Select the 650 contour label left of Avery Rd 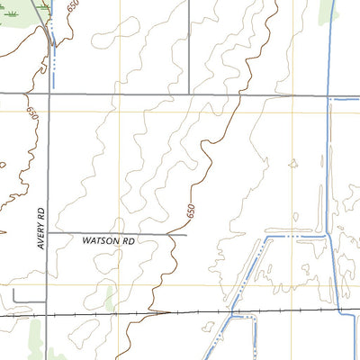(30, 115)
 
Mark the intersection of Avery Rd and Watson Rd (48, 234)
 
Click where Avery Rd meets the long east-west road (48, 94)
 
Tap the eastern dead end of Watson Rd (185, 234)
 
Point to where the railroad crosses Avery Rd (48, 316)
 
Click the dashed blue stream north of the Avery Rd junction (55, 58)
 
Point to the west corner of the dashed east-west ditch (268, 236)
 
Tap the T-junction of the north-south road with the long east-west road (189, 94)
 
